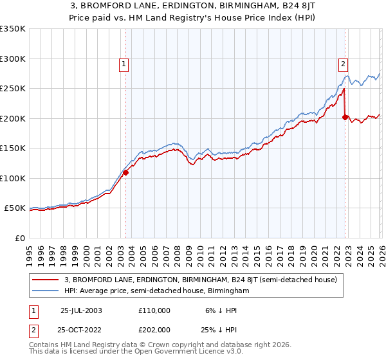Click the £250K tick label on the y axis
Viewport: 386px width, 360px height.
(13, 89)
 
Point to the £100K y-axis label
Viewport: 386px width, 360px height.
(13, 178)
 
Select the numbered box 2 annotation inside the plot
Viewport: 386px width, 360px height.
(344, 64)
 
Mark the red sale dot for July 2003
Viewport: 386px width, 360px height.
(126, 172)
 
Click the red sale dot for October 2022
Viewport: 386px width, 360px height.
(345, 118)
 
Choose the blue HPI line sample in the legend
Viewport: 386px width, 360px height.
(46, 291)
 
